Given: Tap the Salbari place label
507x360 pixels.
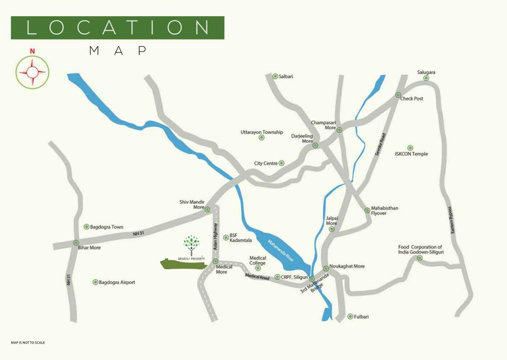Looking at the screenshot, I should [286, 76].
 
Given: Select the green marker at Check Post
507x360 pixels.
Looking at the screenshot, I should [398, 95].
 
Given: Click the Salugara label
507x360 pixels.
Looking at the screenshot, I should [426, 72].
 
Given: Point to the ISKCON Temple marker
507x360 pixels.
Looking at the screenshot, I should [410, 148].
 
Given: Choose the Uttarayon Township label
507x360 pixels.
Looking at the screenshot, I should [261, 132].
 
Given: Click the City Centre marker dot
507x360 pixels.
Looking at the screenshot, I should [282, 163].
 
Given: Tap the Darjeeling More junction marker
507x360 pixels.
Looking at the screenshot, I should [315, 145].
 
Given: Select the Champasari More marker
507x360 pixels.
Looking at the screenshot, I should [339, 130].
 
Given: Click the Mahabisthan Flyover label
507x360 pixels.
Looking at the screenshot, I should [384, 210].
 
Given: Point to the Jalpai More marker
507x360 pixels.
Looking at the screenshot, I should [332, 229].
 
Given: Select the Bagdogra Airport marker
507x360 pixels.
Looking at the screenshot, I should [96, 282].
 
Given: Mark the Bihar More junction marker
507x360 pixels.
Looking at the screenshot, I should [76, 243].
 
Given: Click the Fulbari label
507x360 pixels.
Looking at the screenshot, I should [361, 317].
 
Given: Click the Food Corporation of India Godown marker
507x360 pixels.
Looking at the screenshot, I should [419, 258].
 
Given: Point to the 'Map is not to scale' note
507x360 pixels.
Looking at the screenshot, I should [28, 343].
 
